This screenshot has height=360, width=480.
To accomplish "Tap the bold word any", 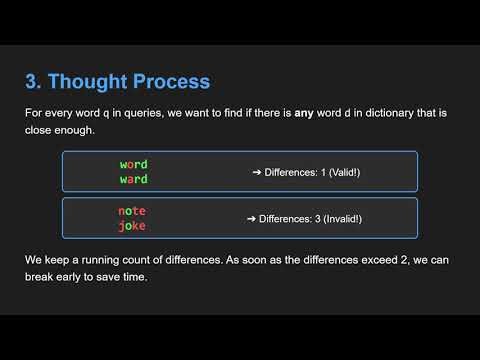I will (303, 113).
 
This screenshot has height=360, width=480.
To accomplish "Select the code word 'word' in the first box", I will (133, 163).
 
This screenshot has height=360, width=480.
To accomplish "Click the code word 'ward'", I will (133, 179).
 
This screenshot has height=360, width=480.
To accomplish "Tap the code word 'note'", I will (132, 210).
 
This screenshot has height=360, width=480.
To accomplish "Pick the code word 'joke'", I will (132, 225).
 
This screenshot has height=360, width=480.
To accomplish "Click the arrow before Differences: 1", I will (256, 172).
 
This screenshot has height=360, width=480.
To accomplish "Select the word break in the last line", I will (42, 276).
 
